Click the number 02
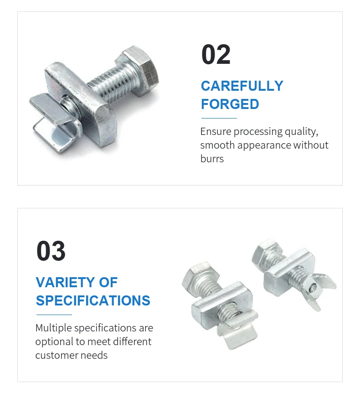tap(216, 55)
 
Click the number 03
tap(51, 252)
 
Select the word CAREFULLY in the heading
tap(242, 86)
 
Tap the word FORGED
tap(230, 104)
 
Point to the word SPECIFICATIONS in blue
tap(93, 301)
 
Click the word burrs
tap(212, 159)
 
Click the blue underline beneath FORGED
tap(219, 119)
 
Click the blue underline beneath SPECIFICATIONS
tap(54, 315)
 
